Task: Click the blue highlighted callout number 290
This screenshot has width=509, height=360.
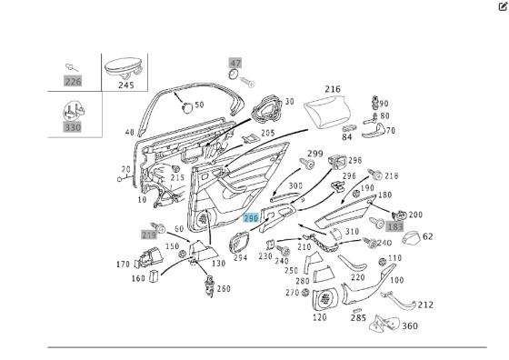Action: [252, 218]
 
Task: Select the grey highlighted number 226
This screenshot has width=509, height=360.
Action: [73, 81]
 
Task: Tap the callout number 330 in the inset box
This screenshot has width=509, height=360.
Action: [73, 127]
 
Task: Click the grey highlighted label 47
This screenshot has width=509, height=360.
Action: [235, 64]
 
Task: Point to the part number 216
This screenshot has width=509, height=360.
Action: [333, 89]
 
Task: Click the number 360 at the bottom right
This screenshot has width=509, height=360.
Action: [409, 325]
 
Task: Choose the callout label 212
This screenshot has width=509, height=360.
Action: [425, 305]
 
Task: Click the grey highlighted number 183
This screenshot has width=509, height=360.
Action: [394, 226]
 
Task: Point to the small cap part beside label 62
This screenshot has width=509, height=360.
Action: [410, 238]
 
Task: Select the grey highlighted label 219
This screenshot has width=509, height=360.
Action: [148, 235]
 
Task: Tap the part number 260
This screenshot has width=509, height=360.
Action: [224, 289]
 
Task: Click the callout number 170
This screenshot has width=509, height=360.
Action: [123, 265]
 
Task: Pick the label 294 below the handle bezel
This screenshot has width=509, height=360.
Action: [240, 257]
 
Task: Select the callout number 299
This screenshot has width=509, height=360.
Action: [314, 153]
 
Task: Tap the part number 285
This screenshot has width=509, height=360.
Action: [358, 317]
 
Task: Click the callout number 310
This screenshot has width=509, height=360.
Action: [352, 231]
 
